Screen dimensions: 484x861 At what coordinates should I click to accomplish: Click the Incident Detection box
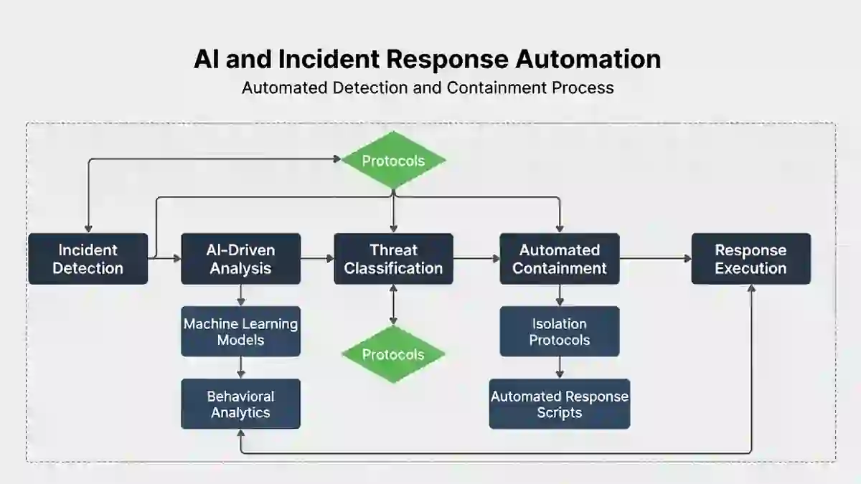pos(88,259)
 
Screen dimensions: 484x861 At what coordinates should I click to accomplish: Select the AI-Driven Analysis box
pos(240,259)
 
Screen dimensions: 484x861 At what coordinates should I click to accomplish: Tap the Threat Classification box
pos(393,259)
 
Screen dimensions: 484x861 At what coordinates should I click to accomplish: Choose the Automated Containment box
pos(560,259)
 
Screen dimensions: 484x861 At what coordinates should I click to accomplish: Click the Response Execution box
pos(751,259)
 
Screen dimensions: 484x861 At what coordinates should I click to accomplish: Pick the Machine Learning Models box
pos(240,331)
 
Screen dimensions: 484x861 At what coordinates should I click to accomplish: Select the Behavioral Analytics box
pos(240,404)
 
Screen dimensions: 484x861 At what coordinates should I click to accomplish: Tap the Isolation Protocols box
pos(560,331)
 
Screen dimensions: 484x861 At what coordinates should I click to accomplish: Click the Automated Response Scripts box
pos(560,404)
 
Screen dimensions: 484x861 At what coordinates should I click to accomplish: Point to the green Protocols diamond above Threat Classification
pos(393,161)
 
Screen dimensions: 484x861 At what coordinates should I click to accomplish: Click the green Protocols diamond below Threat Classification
pos(393,354)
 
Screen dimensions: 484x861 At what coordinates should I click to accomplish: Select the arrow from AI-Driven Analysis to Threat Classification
pos(317,259)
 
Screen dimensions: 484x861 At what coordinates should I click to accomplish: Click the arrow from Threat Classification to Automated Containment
pos(476,259)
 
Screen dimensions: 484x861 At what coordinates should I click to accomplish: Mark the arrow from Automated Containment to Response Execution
pos(655,259)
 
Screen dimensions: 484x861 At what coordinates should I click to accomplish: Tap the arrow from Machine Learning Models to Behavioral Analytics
pos(241,367)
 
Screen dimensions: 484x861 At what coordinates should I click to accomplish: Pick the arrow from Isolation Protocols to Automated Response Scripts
pos(560,367)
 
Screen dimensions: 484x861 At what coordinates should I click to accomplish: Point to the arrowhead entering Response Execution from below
pos(751,289)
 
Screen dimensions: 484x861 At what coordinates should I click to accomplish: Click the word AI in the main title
pos(206,59)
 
